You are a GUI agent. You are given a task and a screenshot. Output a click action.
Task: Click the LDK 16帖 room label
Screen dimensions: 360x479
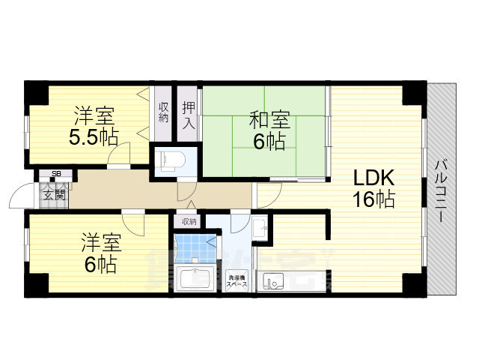(374, 189)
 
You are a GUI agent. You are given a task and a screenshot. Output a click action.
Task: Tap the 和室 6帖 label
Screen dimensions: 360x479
(268, 130)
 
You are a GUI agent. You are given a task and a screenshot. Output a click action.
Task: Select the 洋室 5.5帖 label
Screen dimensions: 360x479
(94, 127)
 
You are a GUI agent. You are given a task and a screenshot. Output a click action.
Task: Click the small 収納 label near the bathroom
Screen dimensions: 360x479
(189, 221)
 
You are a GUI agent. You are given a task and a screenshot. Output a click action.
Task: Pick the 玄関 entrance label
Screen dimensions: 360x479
(53, 194)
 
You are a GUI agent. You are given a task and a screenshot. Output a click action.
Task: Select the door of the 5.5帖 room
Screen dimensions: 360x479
(118, 157)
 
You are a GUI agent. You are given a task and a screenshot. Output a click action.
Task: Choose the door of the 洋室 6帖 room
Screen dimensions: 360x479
(135, 222)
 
